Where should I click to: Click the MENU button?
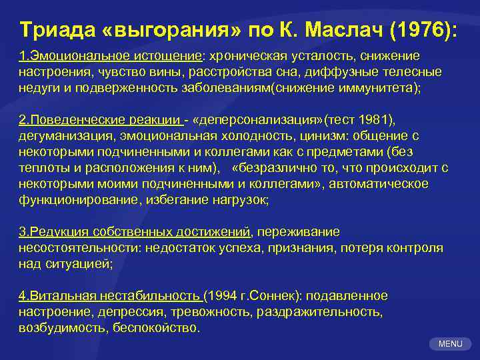point(450,343)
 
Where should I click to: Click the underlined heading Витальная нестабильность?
point(111,295)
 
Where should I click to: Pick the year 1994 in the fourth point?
point(224,295)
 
